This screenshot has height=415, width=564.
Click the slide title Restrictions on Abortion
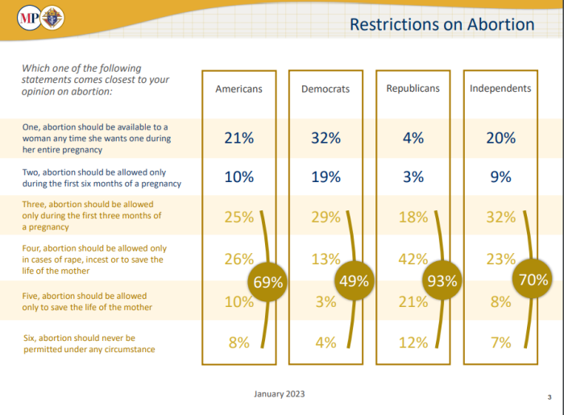(x=442, y=24)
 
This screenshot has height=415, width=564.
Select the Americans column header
(x=238, y=89)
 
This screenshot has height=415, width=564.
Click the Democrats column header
(x=326, y=89)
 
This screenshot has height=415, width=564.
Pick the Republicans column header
(x=413, y=88)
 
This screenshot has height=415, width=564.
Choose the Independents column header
(x=500, y=88)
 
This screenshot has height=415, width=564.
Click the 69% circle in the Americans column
(x=268, y=282)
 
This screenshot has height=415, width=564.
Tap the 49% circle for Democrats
(x=354, y=281)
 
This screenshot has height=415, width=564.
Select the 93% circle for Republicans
(x=442, y=281)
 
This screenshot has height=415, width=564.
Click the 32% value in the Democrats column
(x=326, y=138)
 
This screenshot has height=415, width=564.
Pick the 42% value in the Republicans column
(x=413, y=259)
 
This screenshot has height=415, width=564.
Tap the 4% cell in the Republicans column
(x=413, y=138)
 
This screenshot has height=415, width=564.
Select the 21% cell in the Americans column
(x=238, y=138)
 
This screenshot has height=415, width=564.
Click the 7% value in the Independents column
(x=500, y=342)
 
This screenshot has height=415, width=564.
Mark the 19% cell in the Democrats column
(x=326, y=177)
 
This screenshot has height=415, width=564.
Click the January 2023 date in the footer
(x=279, y=394)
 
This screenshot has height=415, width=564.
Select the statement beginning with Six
(x=89, y=343)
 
